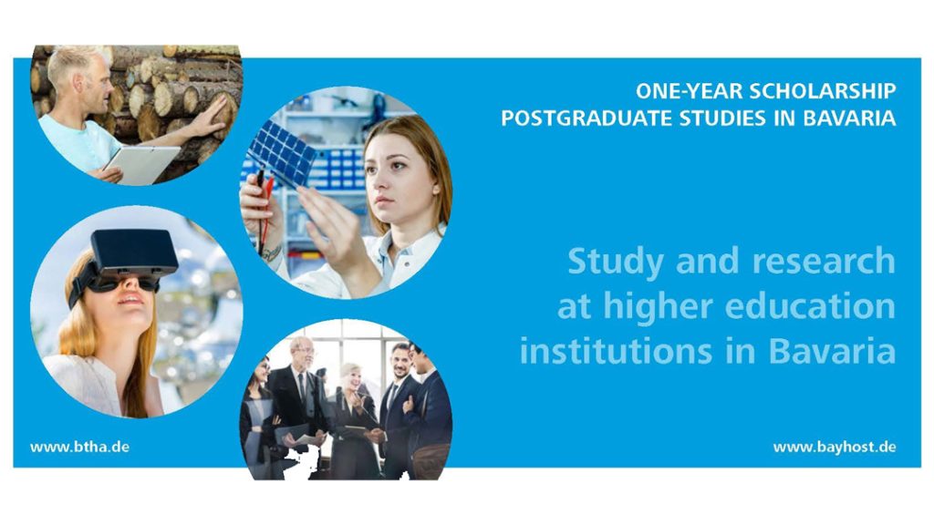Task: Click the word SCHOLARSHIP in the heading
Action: click(822, 91)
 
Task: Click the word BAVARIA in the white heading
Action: click(849, 118)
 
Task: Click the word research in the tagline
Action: click(824, 262)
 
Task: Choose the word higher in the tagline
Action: click(658, 307)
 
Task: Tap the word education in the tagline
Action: click(810, 306)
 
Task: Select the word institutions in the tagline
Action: click(616, 351)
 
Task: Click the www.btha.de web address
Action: click(80, 447)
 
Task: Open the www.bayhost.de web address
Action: click(835, 447)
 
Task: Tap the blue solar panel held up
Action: click(282, 153)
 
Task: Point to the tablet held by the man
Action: click(140, 164)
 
